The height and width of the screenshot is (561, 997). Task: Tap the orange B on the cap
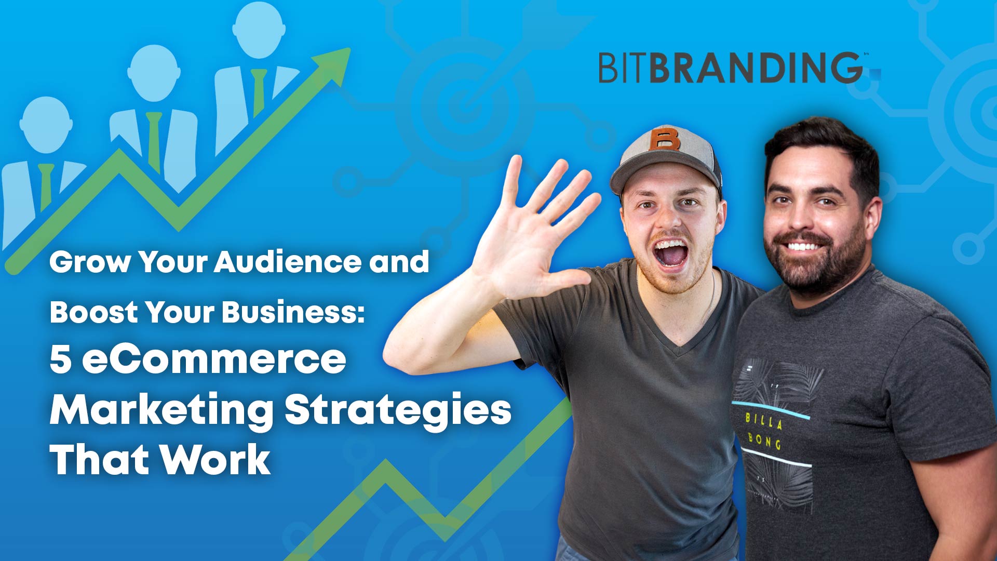pyautogui.click(x=664, y=138)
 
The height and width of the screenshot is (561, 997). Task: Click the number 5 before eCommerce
pyautogui.click(x=60, y=359)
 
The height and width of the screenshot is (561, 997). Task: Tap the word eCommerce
pyautogui.click(x=214, y=359)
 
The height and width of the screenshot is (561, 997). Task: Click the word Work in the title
pyautogui.click(x=214, y=460)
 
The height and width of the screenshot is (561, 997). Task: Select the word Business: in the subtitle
pyautogui.click(x=293, y=312)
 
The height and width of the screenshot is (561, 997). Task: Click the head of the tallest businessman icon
pyautogui.click(x=259, y=29)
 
